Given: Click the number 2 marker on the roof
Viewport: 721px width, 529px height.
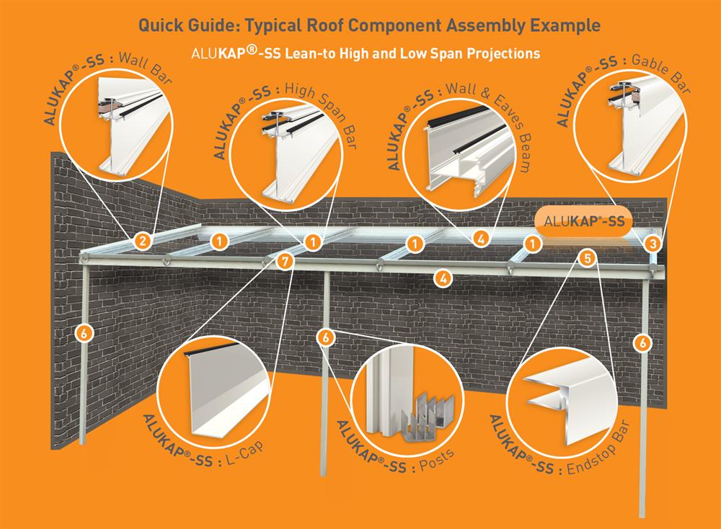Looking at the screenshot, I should pyautogui.click(x=143, y=241).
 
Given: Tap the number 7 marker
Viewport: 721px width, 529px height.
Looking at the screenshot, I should pyautogui.click(x=286, y=262).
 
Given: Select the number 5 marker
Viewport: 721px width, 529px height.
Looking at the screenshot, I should pyautogui.click(x=587, y=257).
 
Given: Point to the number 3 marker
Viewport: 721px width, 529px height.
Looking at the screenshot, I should pyautogui.click(x=653, y=244).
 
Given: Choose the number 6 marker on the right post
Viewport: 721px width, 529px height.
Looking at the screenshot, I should pyautogui.click(x=642, y=343).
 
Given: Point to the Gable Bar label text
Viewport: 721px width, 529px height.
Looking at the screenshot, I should pyautogui.click(x=659, y=71).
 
